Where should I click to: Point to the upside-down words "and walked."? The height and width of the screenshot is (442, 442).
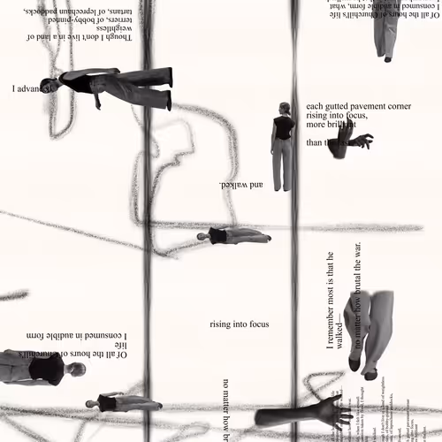pos(240,185)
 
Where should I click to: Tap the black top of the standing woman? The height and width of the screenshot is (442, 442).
pos(282,127)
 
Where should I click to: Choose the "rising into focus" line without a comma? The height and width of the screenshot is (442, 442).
pos(239,324)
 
